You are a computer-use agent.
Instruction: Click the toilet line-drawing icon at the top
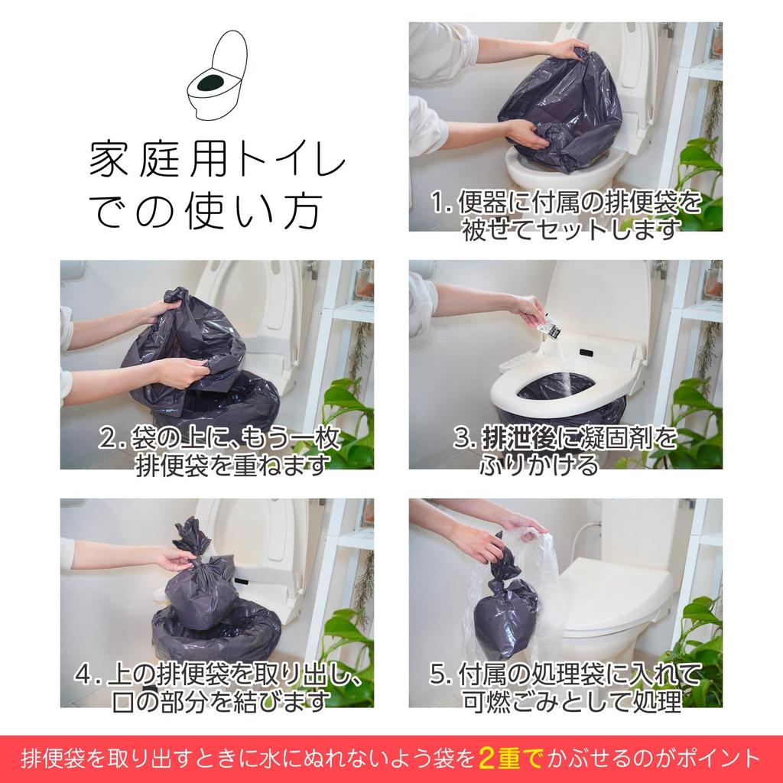[x=217, y=75]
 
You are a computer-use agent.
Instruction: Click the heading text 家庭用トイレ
[x=217, y=159]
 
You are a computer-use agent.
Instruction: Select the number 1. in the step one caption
[x=441, y=203]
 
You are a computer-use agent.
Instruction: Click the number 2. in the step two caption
[x=112, y=438]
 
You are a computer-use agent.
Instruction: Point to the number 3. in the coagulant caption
[x=464, y=438]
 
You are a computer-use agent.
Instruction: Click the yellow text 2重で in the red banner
[x=510, y=759]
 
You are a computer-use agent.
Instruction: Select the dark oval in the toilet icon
[x=212, y=80]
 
